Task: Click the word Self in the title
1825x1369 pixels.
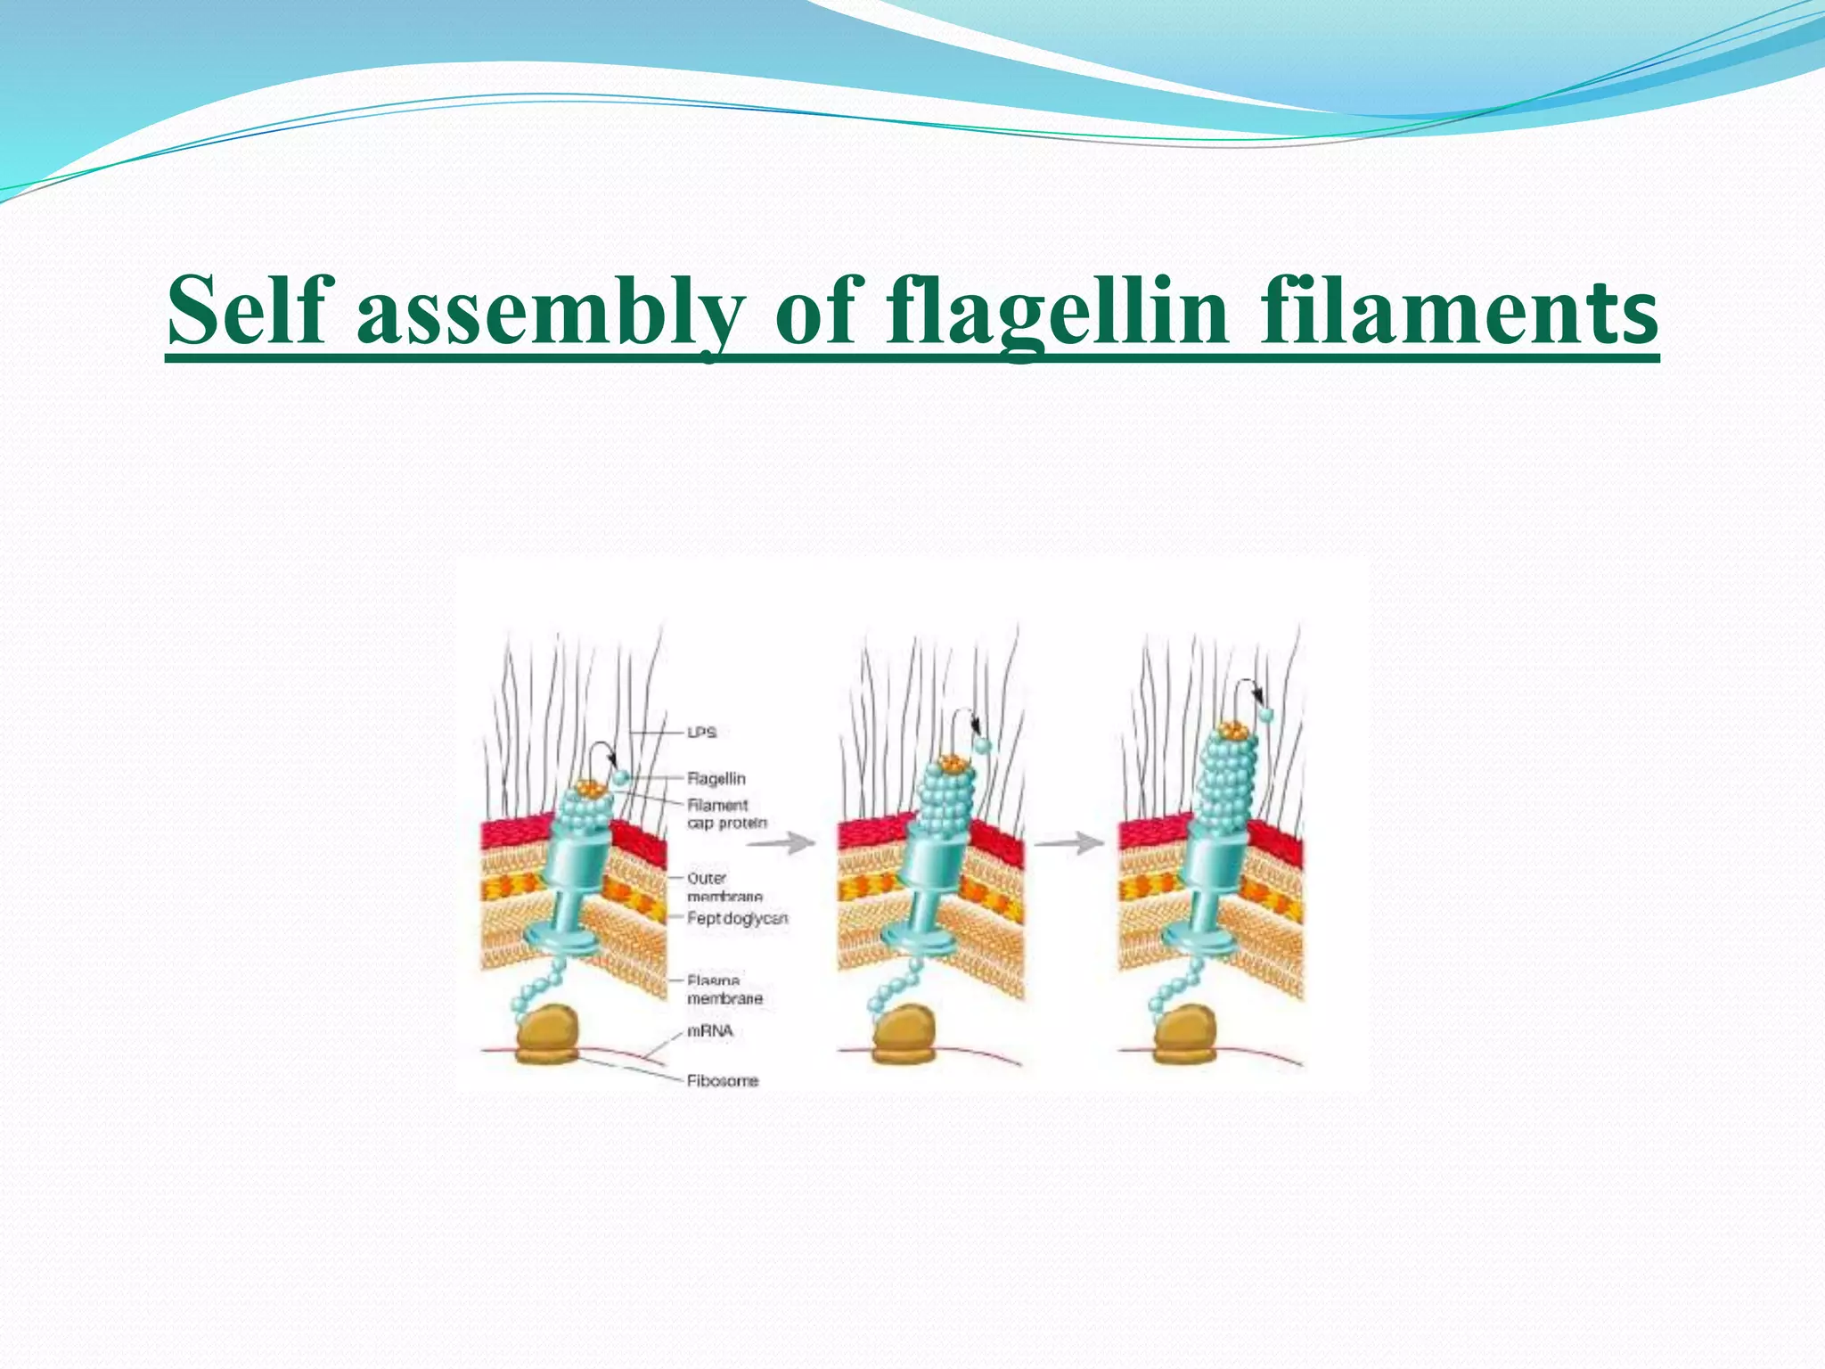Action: pos(247,309)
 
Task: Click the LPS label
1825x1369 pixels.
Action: pos(702,733)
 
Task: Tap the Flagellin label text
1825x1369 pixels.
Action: pos(716,779)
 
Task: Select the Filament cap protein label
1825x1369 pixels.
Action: pos(726,814)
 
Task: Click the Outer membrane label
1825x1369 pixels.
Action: pos(724,887)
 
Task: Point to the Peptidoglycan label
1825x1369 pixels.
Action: pos(737,918)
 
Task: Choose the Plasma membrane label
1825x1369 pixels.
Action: pos(724,990)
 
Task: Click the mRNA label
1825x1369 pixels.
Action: pos(710,1031)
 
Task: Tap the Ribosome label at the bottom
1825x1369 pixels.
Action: pos(722,1081)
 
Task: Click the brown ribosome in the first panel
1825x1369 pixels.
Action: pos(546,1034)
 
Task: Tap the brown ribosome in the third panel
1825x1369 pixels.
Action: pos(1185,1034)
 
